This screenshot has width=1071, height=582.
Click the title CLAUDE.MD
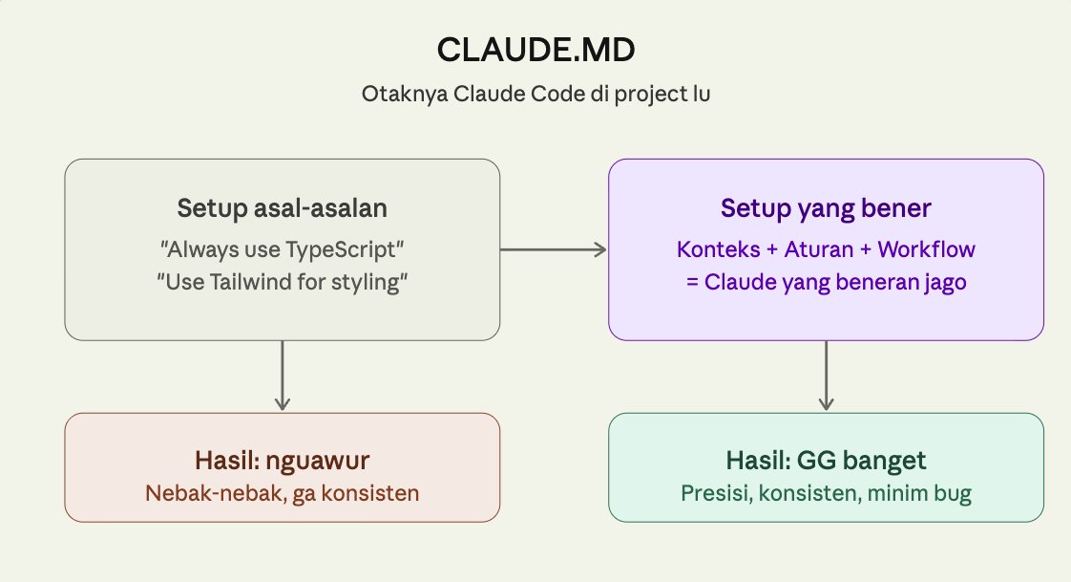pyautogui.click(x=535, y=51)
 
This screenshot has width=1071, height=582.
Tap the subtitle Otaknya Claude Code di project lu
pyautogui.click(x=535, y=96)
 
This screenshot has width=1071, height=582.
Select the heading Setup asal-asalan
pyautogui.click(x=282, y=208)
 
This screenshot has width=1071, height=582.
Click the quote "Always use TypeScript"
pyautogui.click(x=282, y=250)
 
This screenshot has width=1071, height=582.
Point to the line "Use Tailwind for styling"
pyautogui.click(x=282, y=284)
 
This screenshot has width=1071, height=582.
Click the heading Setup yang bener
pyautogui.click(x=826, y=208)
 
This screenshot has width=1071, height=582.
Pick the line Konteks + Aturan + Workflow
pyautogui.click(x=826, y=250)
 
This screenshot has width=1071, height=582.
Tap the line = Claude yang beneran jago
pyautogui.click(x=826, y=284)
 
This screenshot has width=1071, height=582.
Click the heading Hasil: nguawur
pyautogui.click(x=282, y=461)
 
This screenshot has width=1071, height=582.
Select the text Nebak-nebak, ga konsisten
pyautogui.click(x=282, y=493)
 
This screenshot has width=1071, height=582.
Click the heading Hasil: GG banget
pyautogui.click(x=826, y=461)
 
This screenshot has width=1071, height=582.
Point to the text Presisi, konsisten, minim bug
pyautogui.click(x=826, y=493)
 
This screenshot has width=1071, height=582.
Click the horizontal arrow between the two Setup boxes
pyautogui.click(x=554, y=250)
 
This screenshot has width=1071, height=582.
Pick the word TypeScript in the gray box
pyautogui.click(x=340, y=250)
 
